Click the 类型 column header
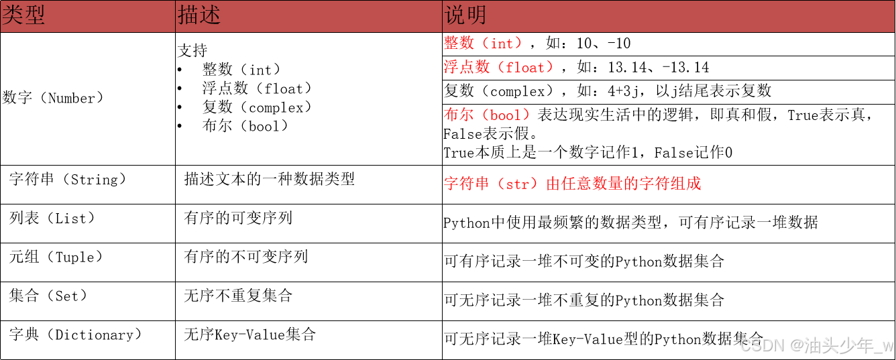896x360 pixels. pyautogui.click(x=23, y=15)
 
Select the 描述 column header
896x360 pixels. pyautogui.click(x=199, y=15)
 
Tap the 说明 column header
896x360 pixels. pyautogui.click(x=465, y=15)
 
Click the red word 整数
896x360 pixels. pyautogui.click(x=459, y=44)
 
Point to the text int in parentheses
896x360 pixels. pyautogui.click(x=502, y=44)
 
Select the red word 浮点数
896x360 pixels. pyautogui.click(x=467, y=68)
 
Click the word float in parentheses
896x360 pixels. pyautogui.click(x=526, y=68)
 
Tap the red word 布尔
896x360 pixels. pyautogui.click(x=459, y=115)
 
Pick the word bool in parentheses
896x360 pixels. pyautogui.click(x=505, y=115)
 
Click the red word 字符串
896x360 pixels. pyautogui.click(x=467, y=184)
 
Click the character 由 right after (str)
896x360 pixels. pyautogui.click(x=553, y=184)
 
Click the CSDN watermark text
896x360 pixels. pyautogui.click(x=761, y=345)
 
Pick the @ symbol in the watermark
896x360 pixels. pyautogui.click(x=796, y=345)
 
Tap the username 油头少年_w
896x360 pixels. pyautogui.click(x=848, y=345)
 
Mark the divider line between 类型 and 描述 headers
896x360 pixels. pyautogui.click(x=175, y=15)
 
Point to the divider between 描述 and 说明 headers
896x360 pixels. pyautogui.click(x=442, y=15)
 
